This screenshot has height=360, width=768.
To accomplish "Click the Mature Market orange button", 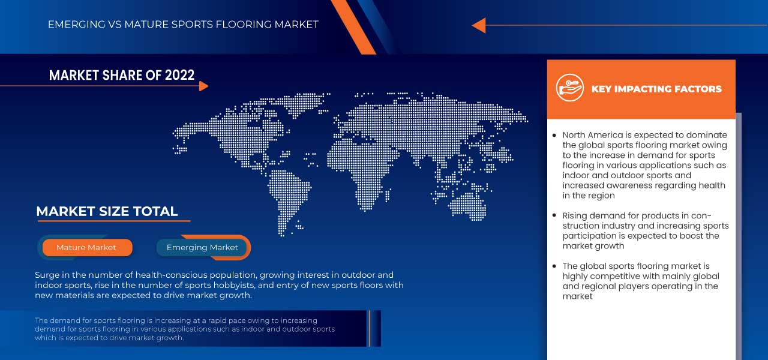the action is (x=88, y=248).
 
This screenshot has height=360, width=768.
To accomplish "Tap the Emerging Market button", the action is (x=202, y=248).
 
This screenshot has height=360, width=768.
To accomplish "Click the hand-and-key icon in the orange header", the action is (x=570, y=88).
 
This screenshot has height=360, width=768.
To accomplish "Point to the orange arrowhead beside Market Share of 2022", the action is (x=203, y=86).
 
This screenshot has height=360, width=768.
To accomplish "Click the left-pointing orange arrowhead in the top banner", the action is (x=479, y=25).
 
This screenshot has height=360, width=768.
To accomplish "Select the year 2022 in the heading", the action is (x=179, y=75).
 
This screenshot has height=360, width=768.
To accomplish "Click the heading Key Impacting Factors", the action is (x=656, y=89).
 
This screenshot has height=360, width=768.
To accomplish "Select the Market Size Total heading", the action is (x=107, y=211).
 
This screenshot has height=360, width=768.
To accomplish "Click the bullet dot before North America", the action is (x=554, y=136).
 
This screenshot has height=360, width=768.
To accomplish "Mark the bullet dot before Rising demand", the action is (x=554, y=215).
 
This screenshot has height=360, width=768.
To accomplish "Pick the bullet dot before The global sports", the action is (x=554, y=266).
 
